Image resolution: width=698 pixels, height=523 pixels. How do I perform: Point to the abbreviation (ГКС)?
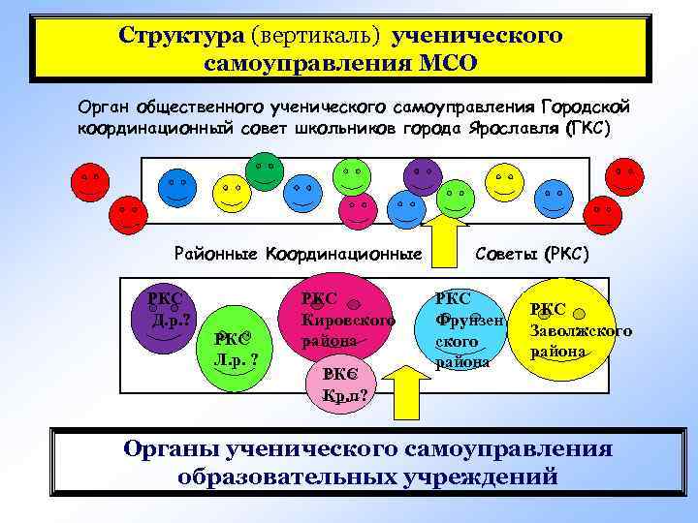[x=586, y=130]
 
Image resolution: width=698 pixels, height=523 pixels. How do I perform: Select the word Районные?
[x=216, y=255]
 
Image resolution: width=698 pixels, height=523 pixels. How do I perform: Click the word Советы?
[x=508, y=255]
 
